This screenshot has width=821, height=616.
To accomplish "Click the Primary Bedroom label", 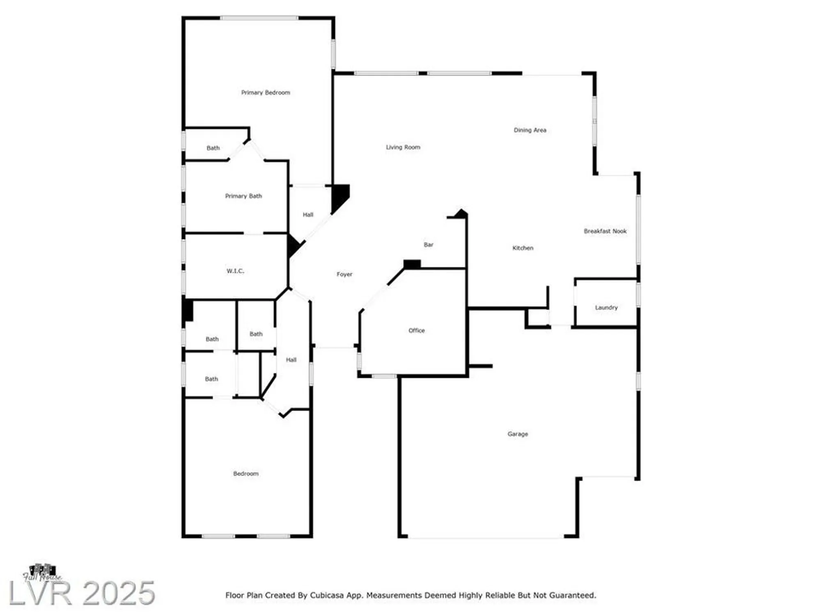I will tap(266, 93).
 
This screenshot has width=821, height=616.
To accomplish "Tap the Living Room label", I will tap(403, 147).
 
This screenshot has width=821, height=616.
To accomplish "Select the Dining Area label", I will tap(530, 130).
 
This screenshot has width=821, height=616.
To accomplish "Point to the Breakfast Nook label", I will tap(605, 231).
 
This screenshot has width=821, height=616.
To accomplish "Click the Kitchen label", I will tap(523, 248).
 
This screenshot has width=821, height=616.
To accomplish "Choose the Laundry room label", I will tap(606, 308).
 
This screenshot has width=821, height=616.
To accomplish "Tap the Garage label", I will tap(518, 434).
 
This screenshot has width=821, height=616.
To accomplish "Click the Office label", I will tap(416, 331).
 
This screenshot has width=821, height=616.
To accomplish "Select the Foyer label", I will tap(344, 274).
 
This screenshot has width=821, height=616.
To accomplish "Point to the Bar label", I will tap(428, 245).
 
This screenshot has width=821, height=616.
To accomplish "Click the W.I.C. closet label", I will tap(235, 271).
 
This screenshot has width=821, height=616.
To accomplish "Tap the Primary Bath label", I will tap(243, 196).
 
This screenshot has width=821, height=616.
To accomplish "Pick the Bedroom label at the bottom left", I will tap(245, 474).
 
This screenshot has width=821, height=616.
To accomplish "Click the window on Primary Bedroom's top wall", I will tap(259, 18).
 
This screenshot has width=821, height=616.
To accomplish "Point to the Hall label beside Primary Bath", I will tap(308, 215).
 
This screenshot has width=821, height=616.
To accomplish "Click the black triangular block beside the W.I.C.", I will tap(293, 246).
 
